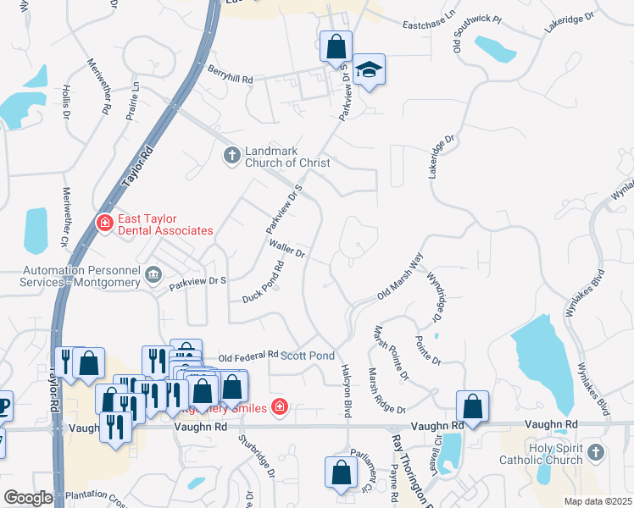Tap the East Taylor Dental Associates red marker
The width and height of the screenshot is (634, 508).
pyautogui.click(x=104, y=223)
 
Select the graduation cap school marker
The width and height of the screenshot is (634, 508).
pyautogui.click(x=369, y=69)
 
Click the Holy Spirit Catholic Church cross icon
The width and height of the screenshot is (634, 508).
pyautogui.click(x=596, y=453)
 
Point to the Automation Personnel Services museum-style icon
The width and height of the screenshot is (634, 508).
pyautogui.click(x=154, y=273)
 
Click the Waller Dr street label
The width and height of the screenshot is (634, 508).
pyautogui.click(x=286, y=247)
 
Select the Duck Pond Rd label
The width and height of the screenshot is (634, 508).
pyautogui.click(x=263, y=282)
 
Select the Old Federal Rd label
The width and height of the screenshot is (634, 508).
pyautogui.click(x=248, y=356)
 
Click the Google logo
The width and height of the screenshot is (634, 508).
pyautogui.click(x=28, y=498)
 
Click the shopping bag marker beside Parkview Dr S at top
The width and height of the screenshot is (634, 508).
pyautogui.click(x=336, y=47)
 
